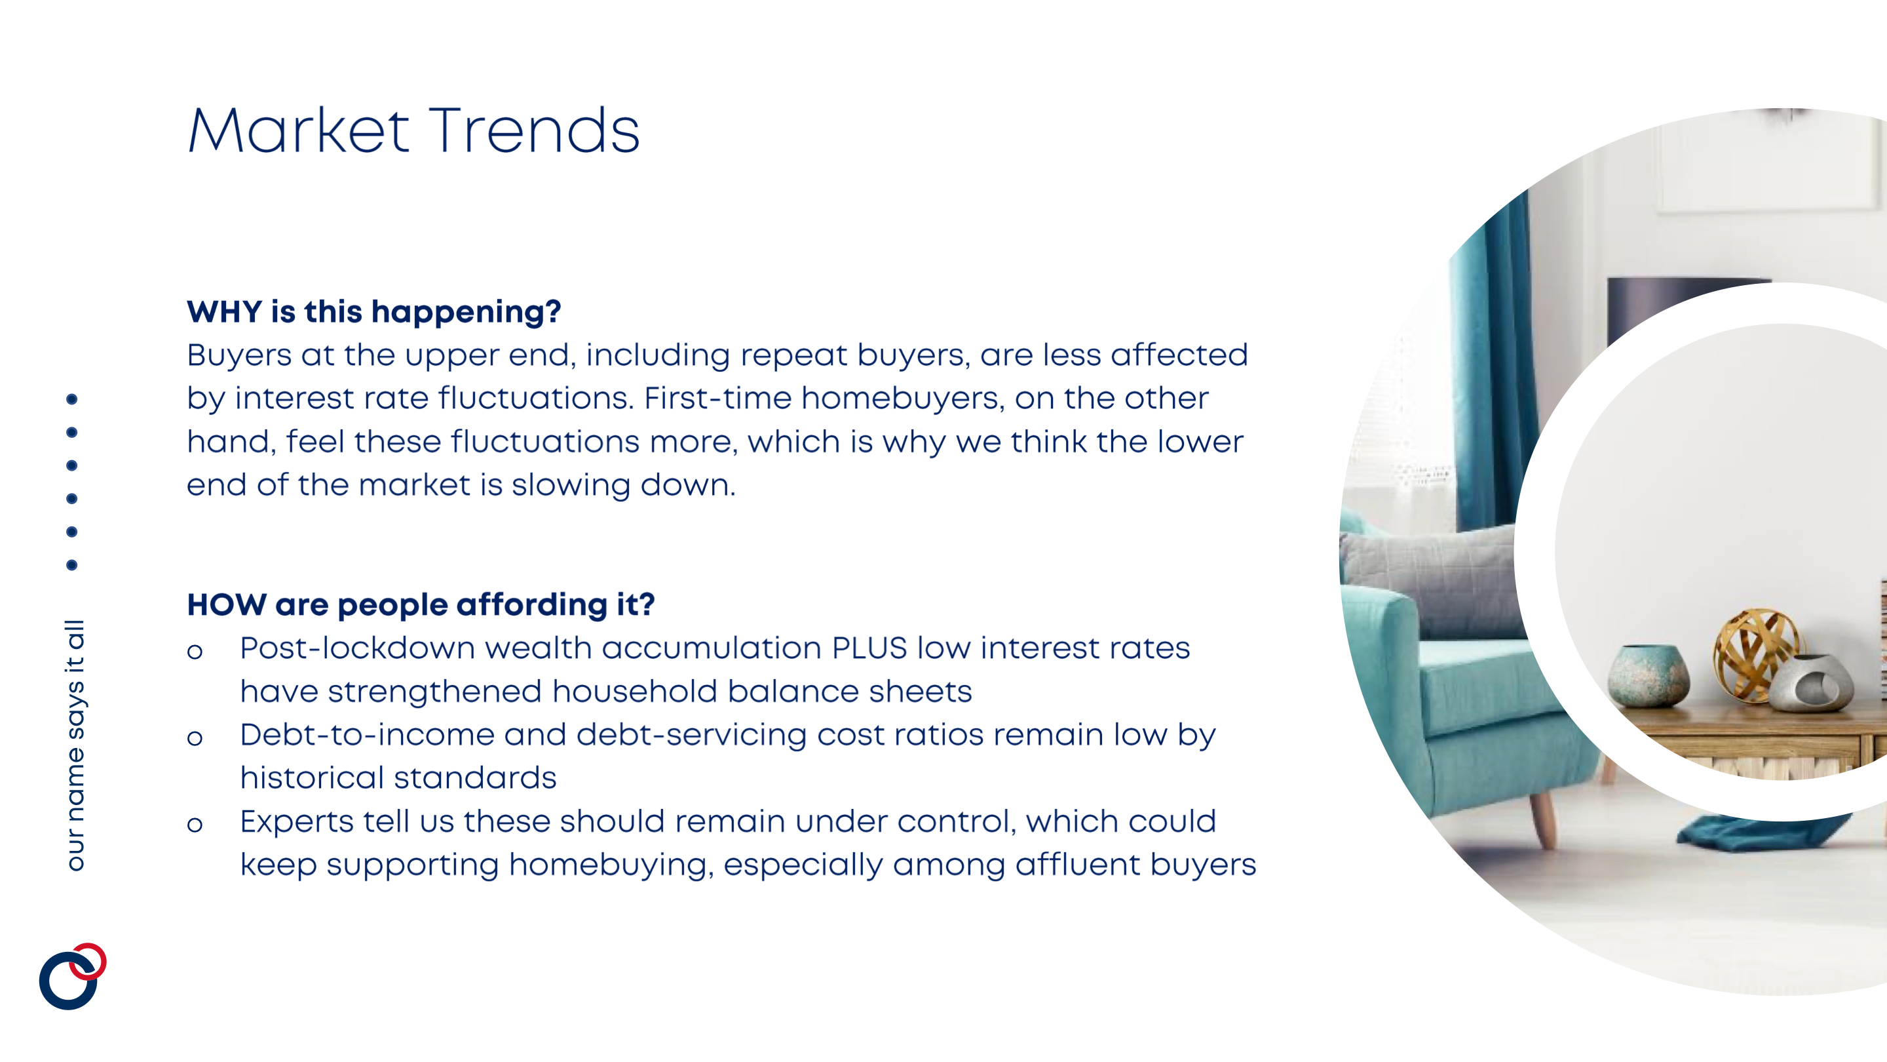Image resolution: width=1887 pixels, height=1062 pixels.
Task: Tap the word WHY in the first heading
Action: click(224, 311)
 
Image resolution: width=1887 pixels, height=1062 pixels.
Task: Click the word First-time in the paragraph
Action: click(718, 398)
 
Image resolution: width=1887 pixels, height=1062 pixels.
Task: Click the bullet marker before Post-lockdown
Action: click(195, 652)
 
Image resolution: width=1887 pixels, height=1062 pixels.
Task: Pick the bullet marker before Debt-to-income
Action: click(195, 738)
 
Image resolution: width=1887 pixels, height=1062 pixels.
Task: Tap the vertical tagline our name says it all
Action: click(75, 745)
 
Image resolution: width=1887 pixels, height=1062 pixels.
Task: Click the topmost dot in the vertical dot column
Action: click(72, 399)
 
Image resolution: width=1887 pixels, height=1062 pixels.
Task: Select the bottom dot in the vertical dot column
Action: click(72, 565)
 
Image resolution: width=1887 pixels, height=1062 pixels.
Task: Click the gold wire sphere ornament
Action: click(1755, 653)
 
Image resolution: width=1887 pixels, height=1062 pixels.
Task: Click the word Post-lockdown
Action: click(358, 648)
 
